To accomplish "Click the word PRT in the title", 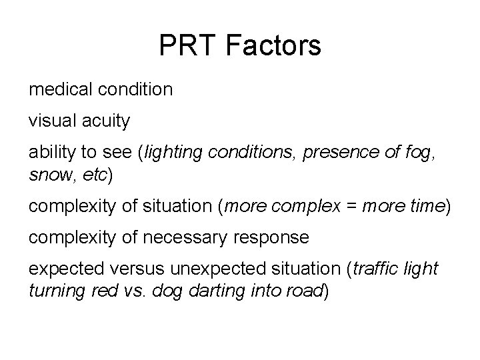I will click(186, 46).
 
